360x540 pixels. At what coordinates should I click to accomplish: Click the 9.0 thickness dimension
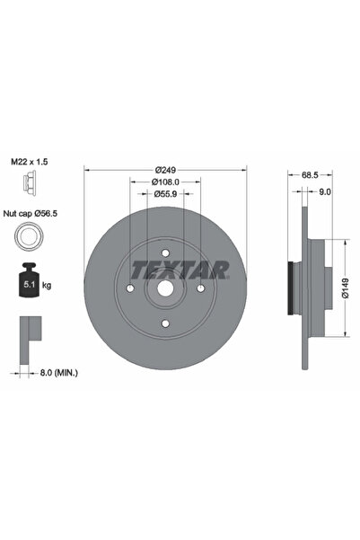click(324, 191)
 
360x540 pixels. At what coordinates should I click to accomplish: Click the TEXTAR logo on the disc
click(180, 269)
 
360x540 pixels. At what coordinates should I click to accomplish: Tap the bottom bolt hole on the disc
click(165, 322)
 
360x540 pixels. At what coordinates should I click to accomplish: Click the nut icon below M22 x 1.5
click(28, 184)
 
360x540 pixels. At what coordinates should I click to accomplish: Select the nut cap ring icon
click(29, 238)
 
